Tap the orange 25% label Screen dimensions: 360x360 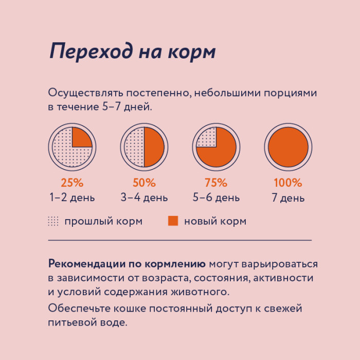coord(72,183)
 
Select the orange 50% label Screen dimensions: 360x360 coord(144,183)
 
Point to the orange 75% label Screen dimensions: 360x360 coord(216,183)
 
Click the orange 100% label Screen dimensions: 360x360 coord(288,183)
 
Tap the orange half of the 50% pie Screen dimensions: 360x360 coord(154,147)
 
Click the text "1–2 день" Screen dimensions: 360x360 coord(72,197)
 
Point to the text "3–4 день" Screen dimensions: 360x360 coord(144,197)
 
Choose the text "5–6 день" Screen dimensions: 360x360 coord(216,197)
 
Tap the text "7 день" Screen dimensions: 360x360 coord(288,198)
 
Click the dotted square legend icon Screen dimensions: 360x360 coord(53,221)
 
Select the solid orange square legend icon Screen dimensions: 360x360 coord(173,221)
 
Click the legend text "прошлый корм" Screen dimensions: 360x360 coord(103,222)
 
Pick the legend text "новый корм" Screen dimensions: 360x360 coord(215,222)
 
